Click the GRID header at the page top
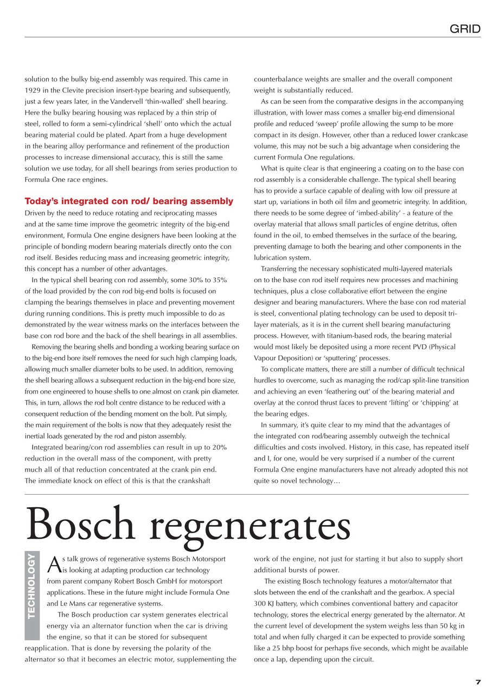point(465,29)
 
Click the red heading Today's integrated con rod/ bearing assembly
point(129,201)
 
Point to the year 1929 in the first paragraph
point(34,90)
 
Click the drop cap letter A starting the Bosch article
point(54,565)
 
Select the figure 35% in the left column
point(218,280)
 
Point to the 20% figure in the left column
point(218,447)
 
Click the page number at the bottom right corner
point(478,683)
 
